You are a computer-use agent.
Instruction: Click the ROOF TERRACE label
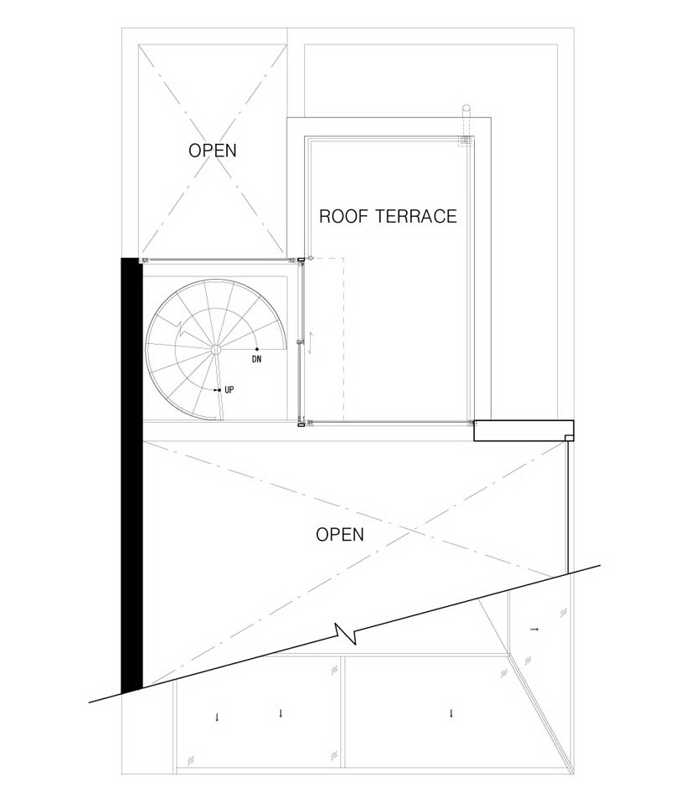[388, 216]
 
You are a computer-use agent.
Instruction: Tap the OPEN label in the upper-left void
[213, 151]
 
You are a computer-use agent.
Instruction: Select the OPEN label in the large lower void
[340, 534]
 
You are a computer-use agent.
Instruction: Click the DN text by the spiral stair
[257, 359]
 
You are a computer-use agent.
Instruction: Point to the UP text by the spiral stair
[229, 390]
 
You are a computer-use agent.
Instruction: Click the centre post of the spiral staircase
[216, 349]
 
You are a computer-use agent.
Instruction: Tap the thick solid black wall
[131, 476]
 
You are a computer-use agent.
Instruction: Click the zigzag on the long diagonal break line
[345, 633]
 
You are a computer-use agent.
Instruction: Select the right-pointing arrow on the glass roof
[534, 629]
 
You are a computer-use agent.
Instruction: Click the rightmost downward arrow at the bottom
[451, 713]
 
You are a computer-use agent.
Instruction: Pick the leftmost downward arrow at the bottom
[217, 717]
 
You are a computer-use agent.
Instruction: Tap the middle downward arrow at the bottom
[281, 713]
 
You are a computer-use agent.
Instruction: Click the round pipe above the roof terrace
[466, 111]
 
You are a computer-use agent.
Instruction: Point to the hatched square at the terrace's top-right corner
[465, 141]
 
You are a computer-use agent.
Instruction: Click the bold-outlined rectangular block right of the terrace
[524, 430]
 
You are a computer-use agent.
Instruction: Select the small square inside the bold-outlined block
[569, 437]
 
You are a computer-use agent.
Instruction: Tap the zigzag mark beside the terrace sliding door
[310, 342]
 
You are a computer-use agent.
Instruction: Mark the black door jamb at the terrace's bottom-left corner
[301, 424]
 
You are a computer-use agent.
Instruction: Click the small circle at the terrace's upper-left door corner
[310, 259]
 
